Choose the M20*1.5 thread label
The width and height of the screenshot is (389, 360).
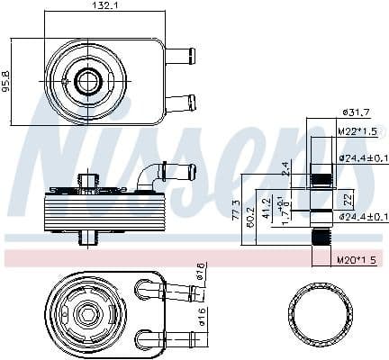point(357,259)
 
